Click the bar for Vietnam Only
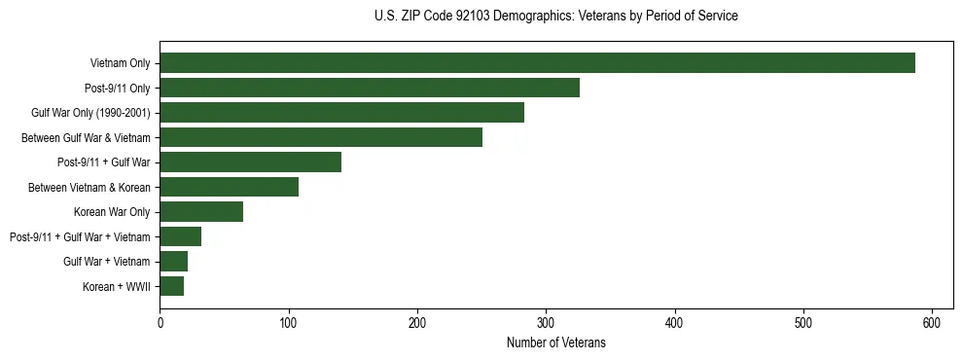tap(537, 63)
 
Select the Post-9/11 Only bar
tap(370, 88)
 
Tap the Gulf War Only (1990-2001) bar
tap(341, 113)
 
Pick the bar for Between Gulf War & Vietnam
tap(321, 137)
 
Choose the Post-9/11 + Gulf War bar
tap(250, 162)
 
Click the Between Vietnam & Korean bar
tap(229, 187)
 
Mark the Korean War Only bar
tap(201, 212)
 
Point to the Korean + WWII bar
tap(172, 286)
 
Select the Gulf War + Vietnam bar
tap(173, 262)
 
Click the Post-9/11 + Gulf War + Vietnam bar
tap(180, 236)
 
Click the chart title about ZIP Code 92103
tap(555, 17)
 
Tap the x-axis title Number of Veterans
tap(555, 342)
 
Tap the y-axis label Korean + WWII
tap(116, 286)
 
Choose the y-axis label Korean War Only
tap(112, 212)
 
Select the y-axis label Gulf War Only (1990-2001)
tap(90, 113)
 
